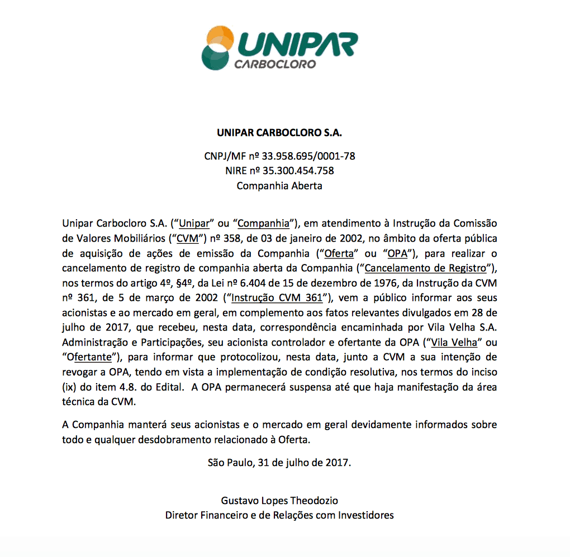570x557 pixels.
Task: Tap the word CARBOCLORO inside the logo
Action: pos(275,63)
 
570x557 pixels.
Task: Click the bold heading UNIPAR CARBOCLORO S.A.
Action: pos(279,134)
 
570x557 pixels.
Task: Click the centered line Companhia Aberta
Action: pos(279,186)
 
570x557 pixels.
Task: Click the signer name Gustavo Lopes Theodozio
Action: pos(279,501)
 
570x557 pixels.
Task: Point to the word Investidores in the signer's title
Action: pos(366,515)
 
